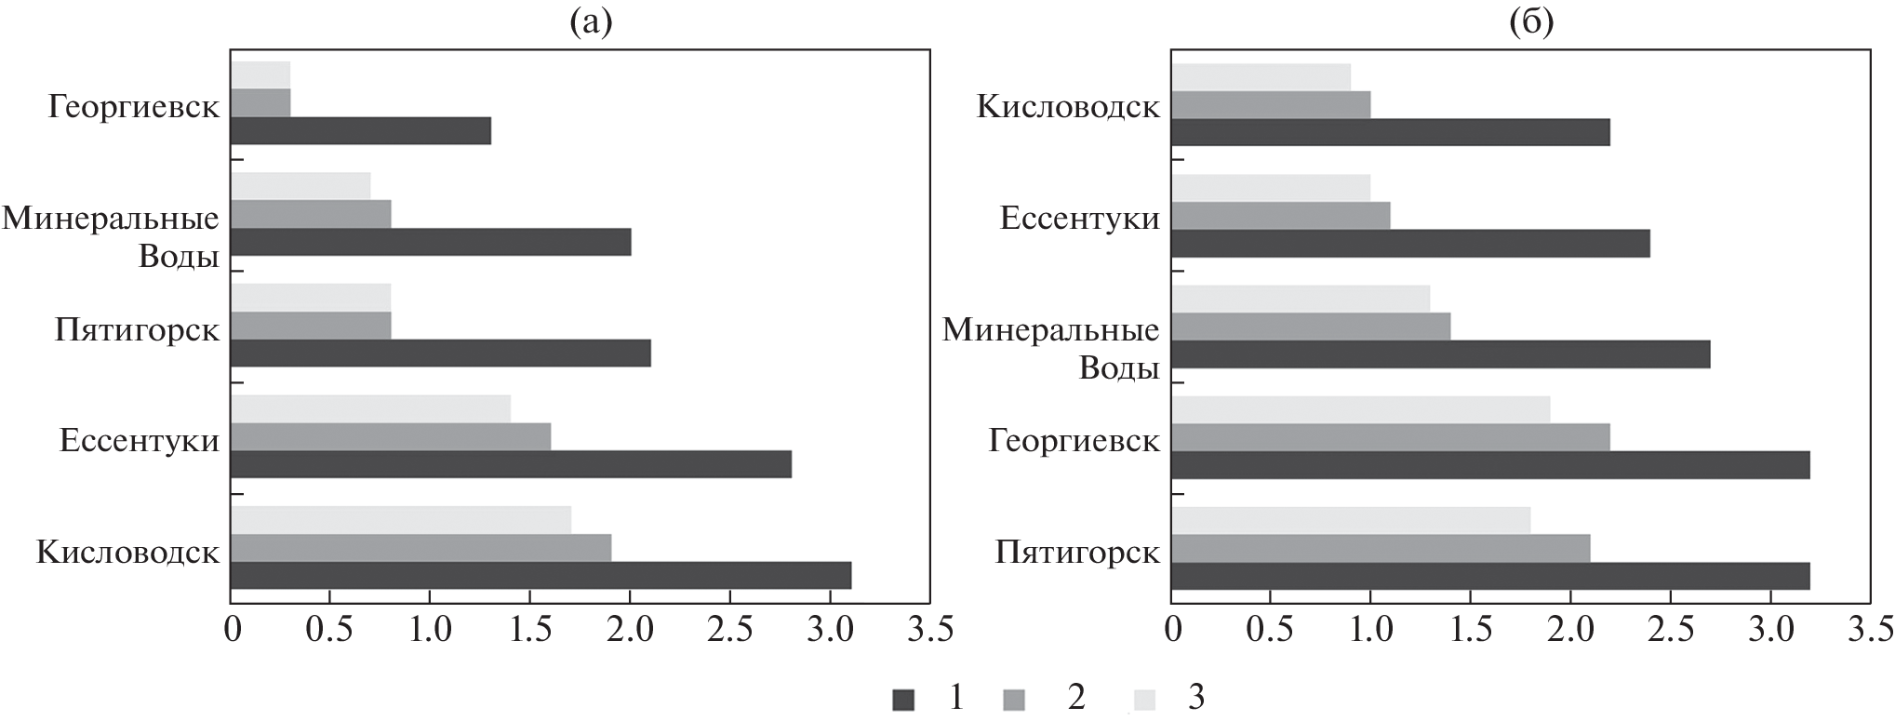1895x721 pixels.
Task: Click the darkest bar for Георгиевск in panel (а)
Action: [x=360, y=131]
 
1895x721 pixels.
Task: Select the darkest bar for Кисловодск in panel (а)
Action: [x=540, y=576]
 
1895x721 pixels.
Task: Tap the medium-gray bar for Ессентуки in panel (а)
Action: [x=390, y=437]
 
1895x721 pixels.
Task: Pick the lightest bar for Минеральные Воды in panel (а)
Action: [x=300, y=186]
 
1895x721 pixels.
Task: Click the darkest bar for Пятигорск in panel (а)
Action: [x=440, y=354]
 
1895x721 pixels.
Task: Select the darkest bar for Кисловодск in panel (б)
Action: [x=1390, y=132]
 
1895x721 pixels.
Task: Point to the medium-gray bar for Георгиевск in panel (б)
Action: [x=1390, y=437]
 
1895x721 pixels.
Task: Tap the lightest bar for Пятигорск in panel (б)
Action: [x=1350, y=521]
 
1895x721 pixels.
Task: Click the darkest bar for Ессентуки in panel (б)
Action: [x=1410, y=244]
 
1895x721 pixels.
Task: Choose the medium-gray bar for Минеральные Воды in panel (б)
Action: [x=1310, y=327]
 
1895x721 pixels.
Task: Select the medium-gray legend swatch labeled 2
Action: [x=1015, y=699]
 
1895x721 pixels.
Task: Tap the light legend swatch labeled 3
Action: [x=1143, y=699]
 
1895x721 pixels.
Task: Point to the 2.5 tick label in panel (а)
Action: [x=729, y=630]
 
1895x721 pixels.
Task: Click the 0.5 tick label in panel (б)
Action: [x=1271, y=630]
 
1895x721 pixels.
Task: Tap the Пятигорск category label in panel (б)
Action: [x=1077, y=553]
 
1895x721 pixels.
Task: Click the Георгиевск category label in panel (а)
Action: [x=134, y=107]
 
